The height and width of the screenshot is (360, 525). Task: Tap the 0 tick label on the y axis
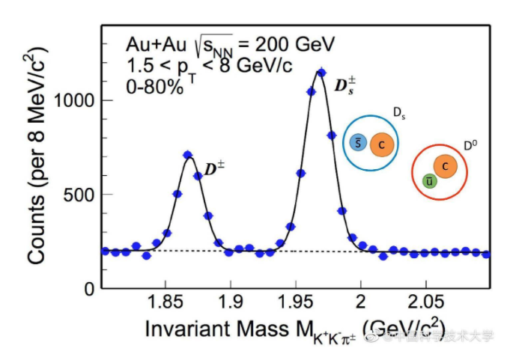(x=89, y=289)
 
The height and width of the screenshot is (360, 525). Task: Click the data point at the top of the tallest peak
(x=321, y=73)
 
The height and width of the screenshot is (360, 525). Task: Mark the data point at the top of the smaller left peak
(x=188, y=155)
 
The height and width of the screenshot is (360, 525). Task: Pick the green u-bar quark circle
(x=428, y=180)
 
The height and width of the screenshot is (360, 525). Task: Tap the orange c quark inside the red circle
(x=446, y=167)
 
